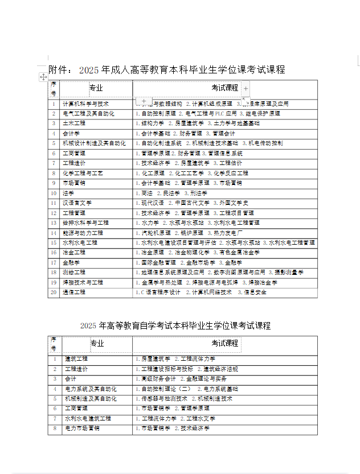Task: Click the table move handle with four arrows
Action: point(43,77)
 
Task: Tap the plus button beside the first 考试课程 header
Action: point(246,89)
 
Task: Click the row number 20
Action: point(54,292)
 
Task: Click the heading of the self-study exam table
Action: point(175,325)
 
